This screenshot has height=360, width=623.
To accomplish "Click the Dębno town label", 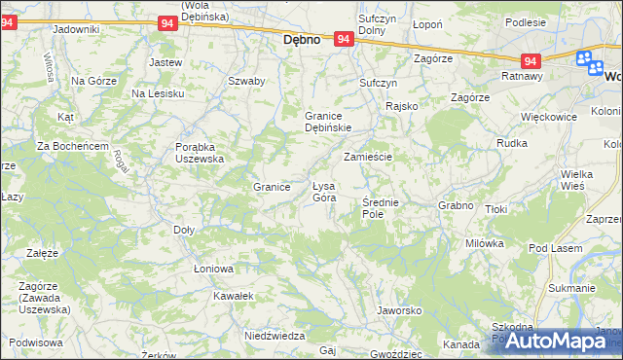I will pos(302,42).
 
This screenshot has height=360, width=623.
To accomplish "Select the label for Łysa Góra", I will pos(323,192).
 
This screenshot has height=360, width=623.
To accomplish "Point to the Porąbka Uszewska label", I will pos(199,152).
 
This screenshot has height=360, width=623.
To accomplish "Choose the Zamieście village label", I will pos(367,157).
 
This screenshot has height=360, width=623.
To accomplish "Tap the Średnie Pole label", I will pos(380,207).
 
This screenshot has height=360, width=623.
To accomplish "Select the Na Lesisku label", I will pos(158,93).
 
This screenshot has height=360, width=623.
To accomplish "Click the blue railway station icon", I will pos(588,61).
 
